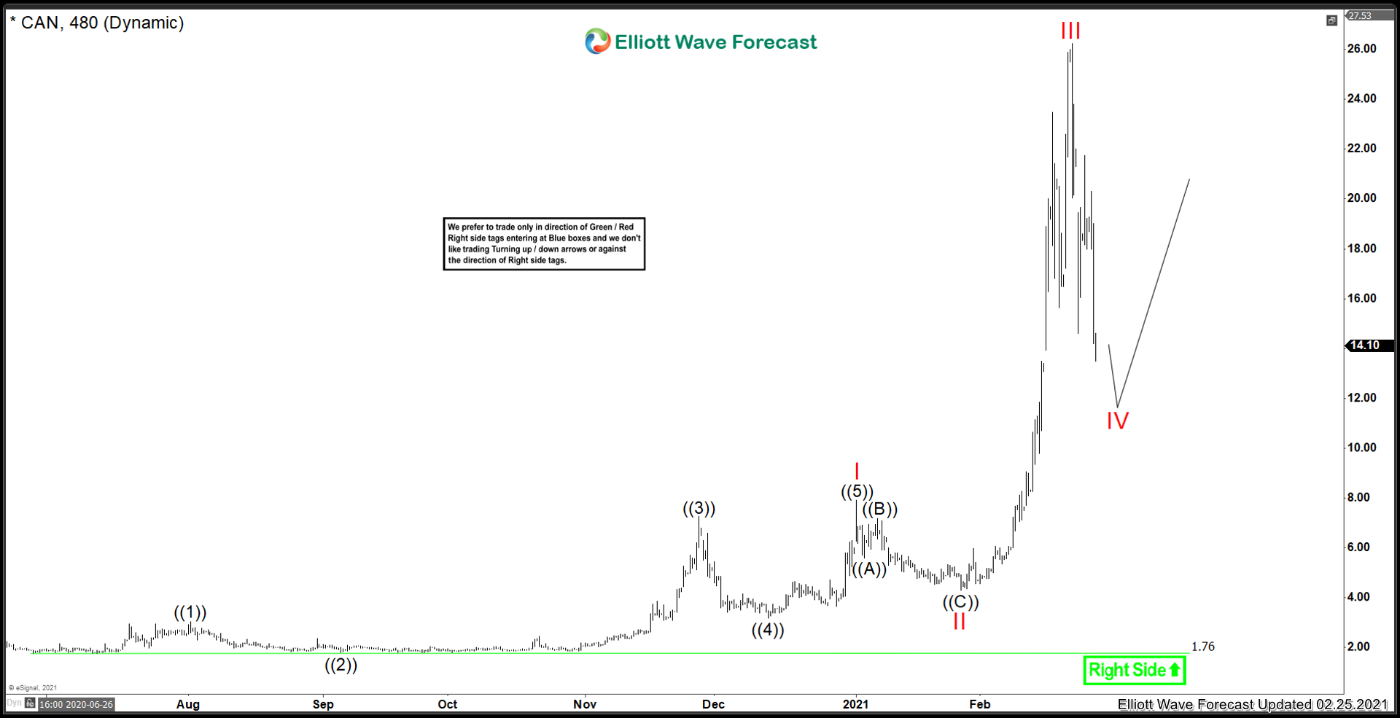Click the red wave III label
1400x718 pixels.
pyautogui.click(x=1070, y=31)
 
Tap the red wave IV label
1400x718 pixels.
pyautogui.click(x=1117, y=421)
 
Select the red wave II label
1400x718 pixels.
pyautogui.click(x=959, y=621)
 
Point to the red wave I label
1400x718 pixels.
pyautogui.click(x=857, y=472)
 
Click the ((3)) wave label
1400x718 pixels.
pyautogui.click(x=699, y=508)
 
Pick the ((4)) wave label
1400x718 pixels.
pyautogui.click(x=768, y=630)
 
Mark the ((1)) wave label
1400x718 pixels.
pyautogui.click(x=190, y=612)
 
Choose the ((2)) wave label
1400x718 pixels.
pyautogui.click(x=341, y=665)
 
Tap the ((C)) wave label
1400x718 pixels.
pyautogui.click(x=960, y=602)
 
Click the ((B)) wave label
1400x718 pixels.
pyautogui.click(x=880, y=510)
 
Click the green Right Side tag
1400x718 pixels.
pyautogui.click(x=1135, y=670)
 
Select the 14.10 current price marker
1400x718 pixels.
pyautogui.click(x=1364, y=346)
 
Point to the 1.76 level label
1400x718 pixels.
pyautogui.click(x=1203, y=647)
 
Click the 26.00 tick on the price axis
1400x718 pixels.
pyautogui.click(x=1361, y=49)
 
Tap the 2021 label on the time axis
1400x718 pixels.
pyautogui.click(x=855, y=704)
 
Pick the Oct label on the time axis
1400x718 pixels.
pyautogui.click(x=448, y=704)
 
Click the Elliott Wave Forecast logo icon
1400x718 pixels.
pyautogui.click(x=597, y=42)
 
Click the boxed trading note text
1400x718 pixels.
pyautogui.click(x=544, y=243)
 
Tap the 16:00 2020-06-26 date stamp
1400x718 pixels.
pyautogui.click(x=77, y=704)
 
